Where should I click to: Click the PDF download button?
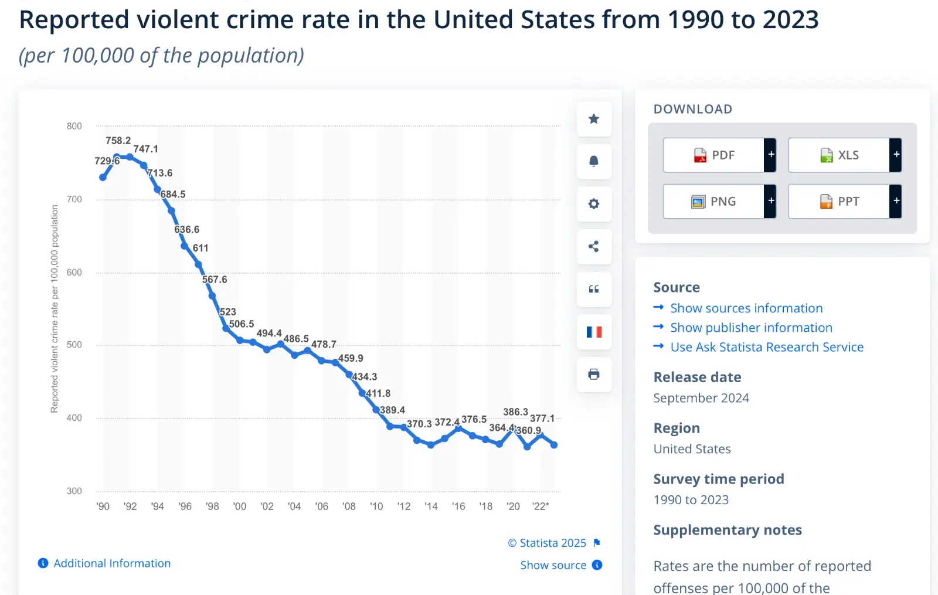(714, 155)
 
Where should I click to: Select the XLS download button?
(839, 155)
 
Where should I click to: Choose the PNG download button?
(714, 202)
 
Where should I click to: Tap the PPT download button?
(839, 202)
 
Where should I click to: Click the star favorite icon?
(594, 119)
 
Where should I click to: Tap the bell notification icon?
(594, 161)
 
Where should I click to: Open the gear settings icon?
(594, 204)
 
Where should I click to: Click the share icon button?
(594, 247)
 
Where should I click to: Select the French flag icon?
(594, 332)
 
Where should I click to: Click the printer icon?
(594, 374)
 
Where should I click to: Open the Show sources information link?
(746, 308)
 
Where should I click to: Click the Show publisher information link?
(751, 328)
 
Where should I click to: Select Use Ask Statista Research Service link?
(767, 347)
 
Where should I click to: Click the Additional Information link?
(111, 563)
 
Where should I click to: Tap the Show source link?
(553, 565)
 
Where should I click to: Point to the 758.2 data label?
(118, 141)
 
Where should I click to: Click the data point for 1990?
(103, 177)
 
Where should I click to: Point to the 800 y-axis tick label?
(74, 126)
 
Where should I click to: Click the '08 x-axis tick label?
(349, 506)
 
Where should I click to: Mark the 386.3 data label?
(515, 412)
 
